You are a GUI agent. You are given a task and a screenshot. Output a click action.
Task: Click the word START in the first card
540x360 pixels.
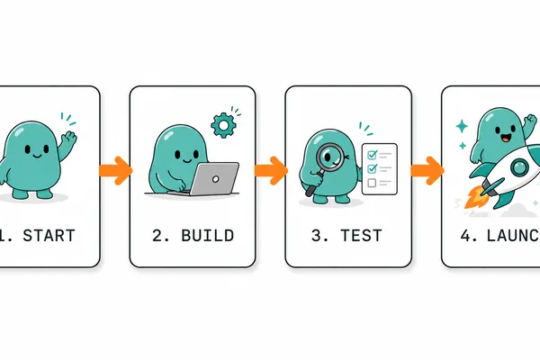point(49,236)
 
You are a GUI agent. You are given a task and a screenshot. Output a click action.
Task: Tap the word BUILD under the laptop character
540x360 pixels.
point(208,236)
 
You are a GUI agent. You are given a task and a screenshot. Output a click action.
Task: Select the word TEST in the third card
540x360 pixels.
point(361,236)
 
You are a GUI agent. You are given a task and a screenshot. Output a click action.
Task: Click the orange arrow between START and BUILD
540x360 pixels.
point(116,170)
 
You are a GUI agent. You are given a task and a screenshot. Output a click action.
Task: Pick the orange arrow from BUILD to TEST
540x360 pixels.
point(272,170)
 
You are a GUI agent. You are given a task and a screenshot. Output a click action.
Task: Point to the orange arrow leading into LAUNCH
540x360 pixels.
point(427,170)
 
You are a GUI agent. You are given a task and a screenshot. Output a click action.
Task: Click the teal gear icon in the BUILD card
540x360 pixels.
point(223,126)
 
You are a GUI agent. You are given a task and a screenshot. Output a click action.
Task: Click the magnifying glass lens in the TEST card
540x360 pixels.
point(330,157)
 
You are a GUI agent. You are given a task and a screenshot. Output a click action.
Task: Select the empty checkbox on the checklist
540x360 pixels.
point(372,183)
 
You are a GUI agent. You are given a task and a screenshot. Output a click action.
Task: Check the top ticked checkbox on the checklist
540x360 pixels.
point(373,155)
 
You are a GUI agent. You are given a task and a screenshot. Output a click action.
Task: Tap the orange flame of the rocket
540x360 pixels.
point(474,197)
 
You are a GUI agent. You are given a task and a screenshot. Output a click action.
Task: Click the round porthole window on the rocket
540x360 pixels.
point(519,168)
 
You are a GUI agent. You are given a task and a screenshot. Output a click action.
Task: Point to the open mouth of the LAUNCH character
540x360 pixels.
point(505,139)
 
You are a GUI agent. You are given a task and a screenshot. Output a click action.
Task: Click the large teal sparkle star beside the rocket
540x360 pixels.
point(462,126)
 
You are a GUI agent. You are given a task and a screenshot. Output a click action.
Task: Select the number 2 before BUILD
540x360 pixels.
point(157,236)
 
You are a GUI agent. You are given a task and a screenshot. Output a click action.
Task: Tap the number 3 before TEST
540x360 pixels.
point(317,236)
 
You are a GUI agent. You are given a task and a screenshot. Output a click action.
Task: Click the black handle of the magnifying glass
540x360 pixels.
point(314,184)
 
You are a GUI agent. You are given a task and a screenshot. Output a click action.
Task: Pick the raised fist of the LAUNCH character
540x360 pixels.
point(531,121)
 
